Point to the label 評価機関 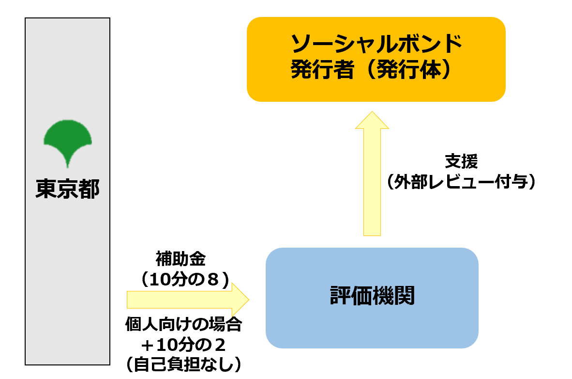pos(372,296)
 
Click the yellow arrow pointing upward pos(372,174)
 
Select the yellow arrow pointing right pos(186,300)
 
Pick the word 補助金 pos(181,259)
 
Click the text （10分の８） pos(182,280)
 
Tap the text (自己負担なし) pos(183,364)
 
